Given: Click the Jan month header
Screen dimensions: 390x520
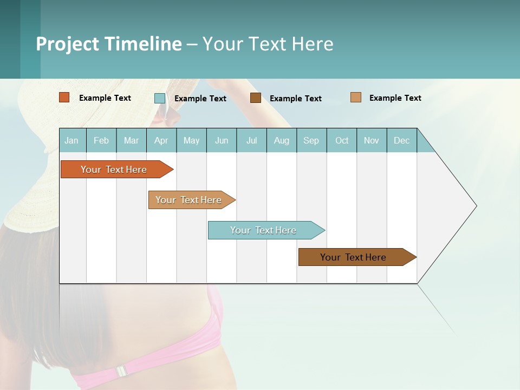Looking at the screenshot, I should click(x=71, y=140).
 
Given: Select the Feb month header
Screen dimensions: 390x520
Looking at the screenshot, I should click(x=101, y=140).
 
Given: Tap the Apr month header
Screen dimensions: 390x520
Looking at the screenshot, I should click(x=161, y=140).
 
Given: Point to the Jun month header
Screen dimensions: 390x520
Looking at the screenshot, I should click(x=222, y=140).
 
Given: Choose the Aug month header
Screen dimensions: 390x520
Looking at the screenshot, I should click(x=281, y=140).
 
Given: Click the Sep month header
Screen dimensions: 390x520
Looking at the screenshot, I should click(x=311, y=140).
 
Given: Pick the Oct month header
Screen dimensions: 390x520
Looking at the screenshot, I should click(x=342, y=140).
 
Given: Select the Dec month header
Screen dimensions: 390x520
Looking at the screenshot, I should click(x=401, y=140).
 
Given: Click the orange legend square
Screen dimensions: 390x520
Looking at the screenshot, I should click(x=64, y=97).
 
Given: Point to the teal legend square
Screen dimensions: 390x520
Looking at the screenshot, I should click(x=160, y=98).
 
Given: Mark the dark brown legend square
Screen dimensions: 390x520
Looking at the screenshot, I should click(x=256, y=98).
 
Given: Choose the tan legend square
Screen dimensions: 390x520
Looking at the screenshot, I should click(x=355, y=97).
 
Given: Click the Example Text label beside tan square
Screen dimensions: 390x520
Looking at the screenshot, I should click(x=395, y=98).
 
